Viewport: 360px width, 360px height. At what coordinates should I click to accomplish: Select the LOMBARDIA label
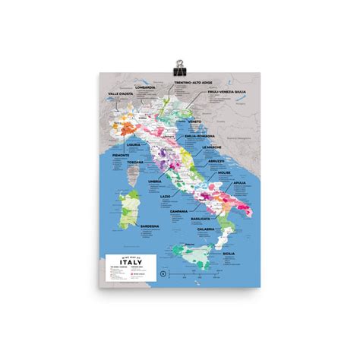[145, 87]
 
